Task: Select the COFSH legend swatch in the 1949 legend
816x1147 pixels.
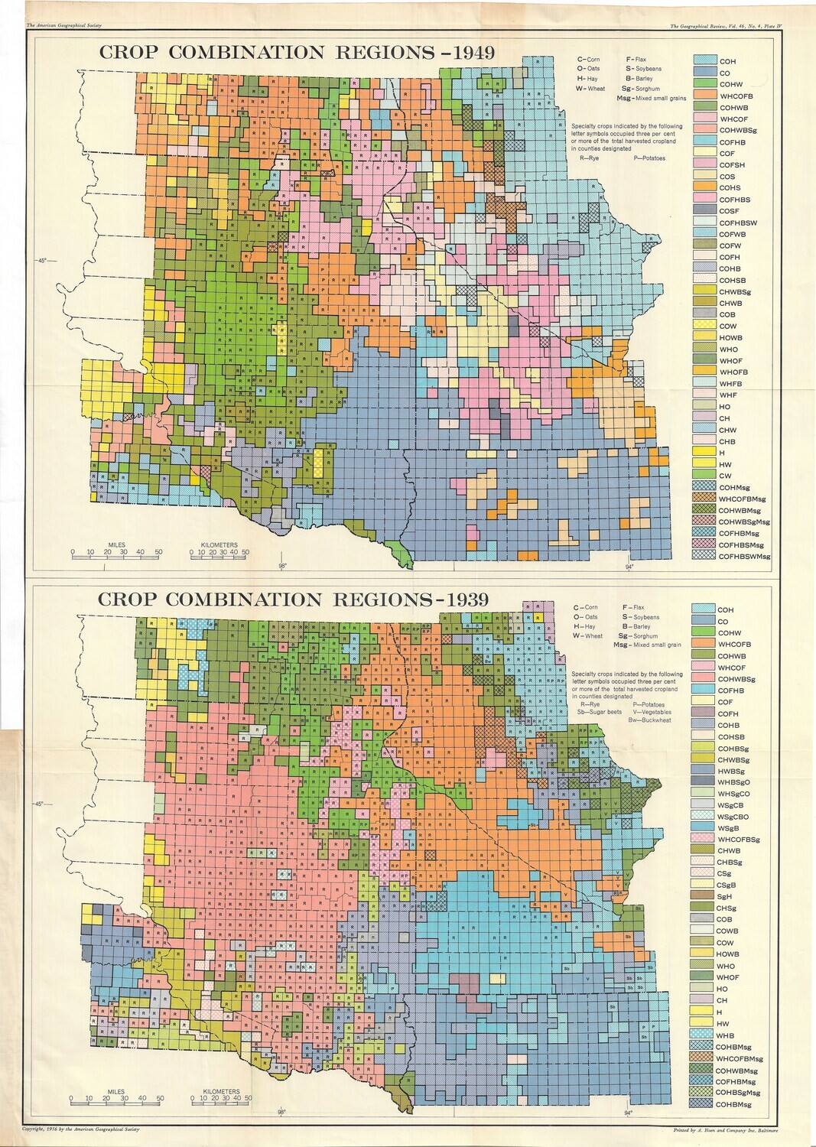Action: point(704,164)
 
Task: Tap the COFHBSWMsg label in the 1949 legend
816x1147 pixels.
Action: point(744,557)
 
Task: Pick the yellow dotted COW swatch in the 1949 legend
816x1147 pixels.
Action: point(704,326)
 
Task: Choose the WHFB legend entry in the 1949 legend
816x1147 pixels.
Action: point(730,384)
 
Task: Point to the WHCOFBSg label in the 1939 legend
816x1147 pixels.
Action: point(738,840)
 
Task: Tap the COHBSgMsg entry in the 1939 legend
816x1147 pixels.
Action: point(737,1093)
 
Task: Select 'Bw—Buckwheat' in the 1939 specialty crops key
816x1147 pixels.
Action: point(649,720)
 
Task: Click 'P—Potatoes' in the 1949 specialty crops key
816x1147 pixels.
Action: point(649,158)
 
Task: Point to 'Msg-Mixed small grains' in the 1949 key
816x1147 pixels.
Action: point(652,98)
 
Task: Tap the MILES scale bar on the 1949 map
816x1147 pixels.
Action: point(117,552)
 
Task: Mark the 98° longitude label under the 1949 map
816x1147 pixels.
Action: point(282,567)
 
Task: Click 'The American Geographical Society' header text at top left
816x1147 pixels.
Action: point(64,26)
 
